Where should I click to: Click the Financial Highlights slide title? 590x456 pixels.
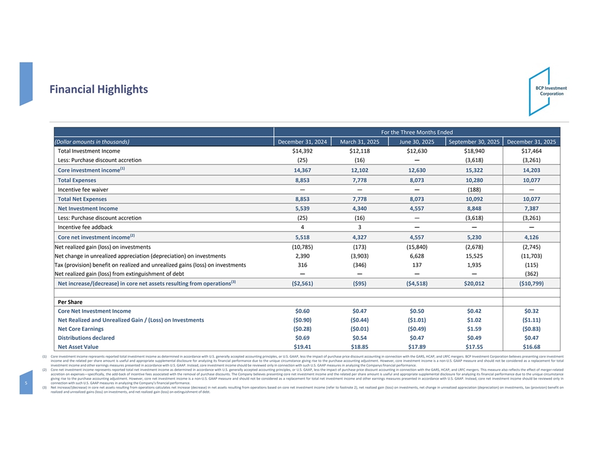click(x=98, y=89)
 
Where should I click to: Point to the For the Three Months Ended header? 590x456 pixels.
click(x=416, y=132)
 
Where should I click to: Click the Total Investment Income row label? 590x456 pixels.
click(x=89, y=151)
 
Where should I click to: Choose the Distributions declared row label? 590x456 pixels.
click(x=86, y=338)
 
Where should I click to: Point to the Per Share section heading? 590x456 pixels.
click(x=71, y=302)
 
